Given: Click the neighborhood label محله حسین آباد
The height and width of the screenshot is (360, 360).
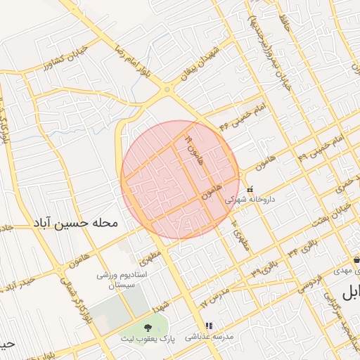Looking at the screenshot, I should tap(73, 224).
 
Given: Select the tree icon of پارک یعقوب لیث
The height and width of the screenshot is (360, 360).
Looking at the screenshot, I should tap(148, 328).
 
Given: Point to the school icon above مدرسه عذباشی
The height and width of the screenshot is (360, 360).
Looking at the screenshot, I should tap(208, 326).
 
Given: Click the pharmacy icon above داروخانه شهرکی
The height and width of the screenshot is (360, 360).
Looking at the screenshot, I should tap(250, 188).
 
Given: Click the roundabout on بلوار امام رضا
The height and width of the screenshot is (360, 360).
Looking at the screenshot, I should tap(167, 89).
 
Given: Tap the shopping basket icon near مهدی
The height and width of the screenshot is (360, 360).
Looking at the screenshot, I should tap(356, 259).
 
